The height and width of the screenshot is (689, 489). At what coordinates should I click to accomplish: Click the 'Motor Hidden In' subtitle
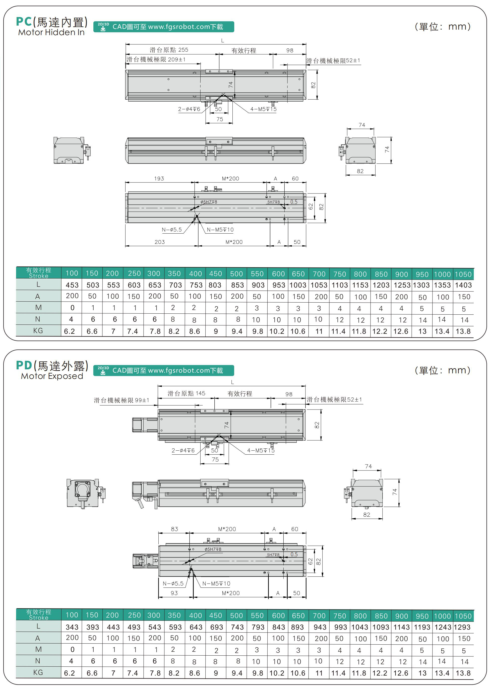coord(51,32)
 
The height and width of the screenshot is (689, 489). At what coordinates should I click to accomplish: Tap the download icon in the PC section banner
coord(103,27)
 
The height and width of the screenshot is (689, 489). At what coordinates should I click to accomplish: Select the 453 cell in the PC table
coord(72,285)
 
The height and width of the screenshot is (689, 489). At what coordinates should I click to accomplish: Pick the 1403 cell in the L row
coord(463,285)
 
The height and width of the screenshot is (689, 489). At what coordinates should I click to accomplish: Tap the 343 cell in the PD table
coord(72,627)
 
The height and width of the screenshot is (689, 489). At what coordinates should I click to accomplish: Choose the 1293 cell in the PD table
coord(462,627)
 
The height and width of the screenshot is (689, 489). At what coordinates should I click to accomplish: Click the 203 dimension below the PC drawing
coord(160,242)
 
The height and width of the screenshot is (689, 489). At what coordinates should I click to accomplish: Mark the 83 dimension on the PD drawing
coord(174,529)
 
